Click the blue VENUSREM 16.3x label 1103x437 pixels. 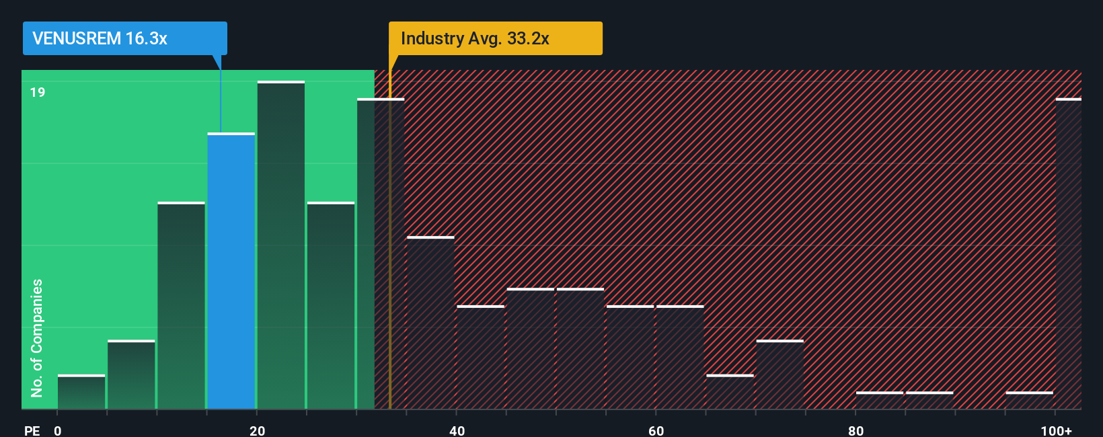click(124, 38)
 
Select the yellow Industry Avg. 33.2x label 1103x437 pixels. click(495, 38)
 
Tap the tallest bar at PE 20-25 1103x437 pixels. click(280, 245)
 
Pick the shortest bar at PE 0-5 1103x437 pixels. click(81, 392)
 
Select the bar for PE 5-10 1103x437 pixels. click(131, 374)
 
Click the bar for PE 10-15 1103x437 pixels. click(181, 306)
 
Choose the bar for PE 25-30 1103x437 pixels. click(331, 306)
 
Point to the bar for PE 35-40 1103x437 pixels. click(430, 323)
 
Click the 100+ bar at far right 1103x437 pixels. click(1068, 254)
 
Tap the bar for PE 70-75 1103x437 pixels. click(779, 374)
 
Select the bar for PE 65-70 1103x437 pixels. click(730, 392)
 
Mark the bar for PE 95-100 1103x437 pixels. click(1029, 400)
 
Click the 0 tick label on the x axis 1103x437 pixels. click(58, 430)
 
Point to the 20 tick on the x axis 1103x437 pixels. click(257, 430)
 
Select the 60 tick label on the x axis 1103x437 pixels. click(656, 430)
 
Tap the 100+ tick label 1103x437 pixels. click(1056, 430)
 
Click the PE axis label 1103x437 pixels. click(32, 430)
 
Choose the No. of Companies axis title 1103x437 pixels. click(37, 337)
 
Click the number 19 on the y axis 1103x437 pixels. click(38, 92)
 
